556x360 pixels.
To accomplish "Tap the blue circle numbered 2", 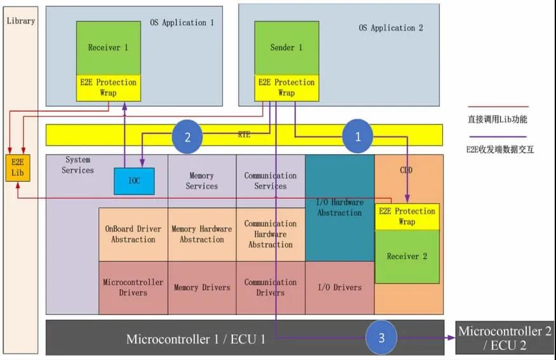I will pyautogui.click(x=187, y=136).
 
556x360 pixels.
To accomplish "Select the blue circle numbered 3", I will pyautogui.click(x=381, y=337).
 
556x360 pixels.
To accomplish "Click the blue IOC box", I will pyautogui.click(x=134, y=181).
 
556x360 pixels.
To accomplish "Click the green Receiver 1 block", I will pyautogui.click(x=109, y=48).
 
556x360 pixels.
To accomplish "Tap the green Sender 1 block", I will pyautogui.click(x=286, y=48).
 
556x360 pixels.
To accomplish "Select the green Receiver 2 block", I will pyautogui.click(x=407, y=257).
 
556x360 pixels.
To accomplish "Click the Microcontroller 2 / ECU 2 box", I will pyautogui.click(x=505, y=338).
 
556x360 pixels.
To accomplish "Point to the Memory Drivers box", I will pyautogui.click(x=202, y=288).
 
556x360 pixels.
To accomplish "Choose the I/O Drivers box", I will pyautogui.click(x=339, y=288).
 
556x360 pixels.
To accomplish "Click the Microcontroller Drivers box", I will pyautogui.click(x=133, y=288).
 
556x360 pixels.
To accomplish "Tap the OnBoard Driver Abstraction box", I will pyautogui.click(x=133, y=234).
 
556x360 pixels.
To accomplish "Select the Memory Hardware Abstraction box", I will pyautogui.click(x=202, y=234).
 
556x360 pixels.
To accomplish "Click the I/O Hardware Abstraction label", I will pyautogui.click(x=340, y=208).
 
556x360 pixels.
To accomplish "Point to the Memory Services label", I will pyautogui.click(x=202, y=181).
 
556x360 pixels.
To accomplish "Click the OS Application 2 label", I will pyautogui.click(x=390, y=28).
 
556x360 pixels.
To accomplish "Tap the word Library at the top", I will pyautogui.click(x=21, y=21).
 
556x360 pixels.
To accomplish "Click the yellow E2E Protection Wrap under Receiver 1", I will pyautogui.click(x=109, y=88).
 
